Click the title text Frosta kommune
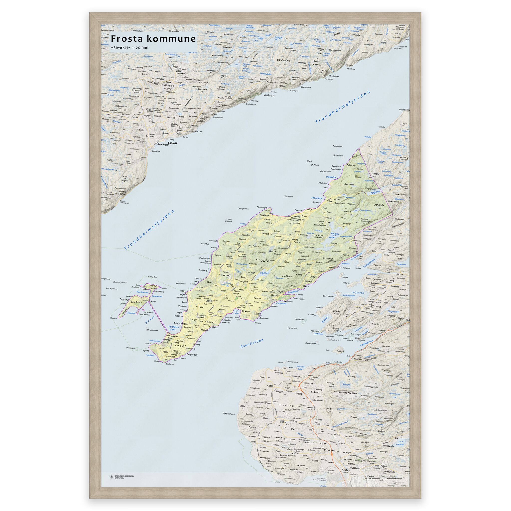[x=153, y=39]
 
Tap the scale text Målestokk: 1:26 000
[x=129, y=48]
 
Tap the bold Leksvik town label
[x=172, y=143]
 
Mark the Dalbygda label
[x=166, y=86]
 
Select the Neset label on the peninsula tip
[x=180, y=346]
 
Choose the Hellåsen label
[x=287, y=276]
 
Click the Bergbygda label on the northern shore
[x=269, y=95]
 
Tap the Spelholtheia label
[x=283, y=60]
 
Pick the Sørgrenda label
[x=192, y=355]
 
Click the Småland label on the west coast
[x=203, y=270]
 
